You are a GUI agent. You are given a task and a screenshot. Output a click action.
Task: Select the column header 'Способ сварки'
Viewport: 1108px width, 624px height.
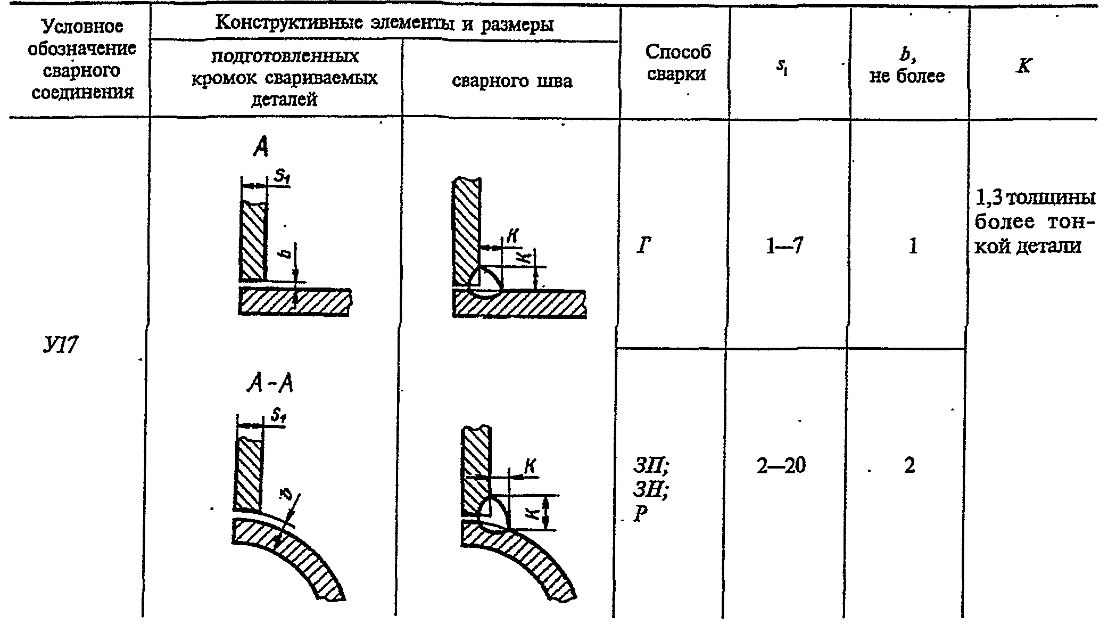coord(677,63)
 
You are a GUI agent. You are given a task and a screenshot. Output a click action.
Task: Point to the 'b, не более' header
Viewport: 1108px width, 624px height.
coord(907,66)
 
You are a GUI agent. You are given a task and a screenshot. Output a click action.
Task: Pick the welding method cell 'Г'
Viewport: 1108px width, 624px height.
coord(643,246)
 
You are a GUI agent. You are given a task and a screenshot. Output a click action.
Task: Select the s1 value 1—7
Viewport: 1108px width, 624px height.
coord(784,246)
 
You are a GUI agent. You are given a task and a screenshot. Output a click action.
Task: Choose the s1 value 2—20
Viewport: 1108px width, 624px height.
coord(781,466)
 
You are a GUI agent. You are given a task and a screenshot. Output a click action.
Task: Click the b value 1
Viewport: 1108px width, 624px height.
coord(913,246)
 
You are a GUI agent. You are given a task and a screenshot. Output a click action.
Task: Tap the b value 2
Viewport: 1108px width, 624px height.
coord(909,466)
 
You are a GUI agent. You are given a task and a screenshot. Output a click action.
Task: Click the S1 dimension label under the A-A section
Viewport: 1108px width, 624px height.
coord(277,416)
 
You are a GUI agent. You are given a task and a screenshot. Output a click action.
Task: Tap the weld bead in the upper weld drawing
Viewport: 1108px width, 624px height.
coord(484,283)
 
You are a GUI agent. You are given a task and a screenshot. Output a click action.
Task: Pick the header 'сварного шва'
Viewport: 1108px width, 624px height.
coord(512,81)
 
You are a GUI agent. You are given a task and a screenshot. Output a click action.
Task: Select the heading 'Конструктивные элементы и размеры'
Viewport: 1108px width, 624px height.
coord(384,24)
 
